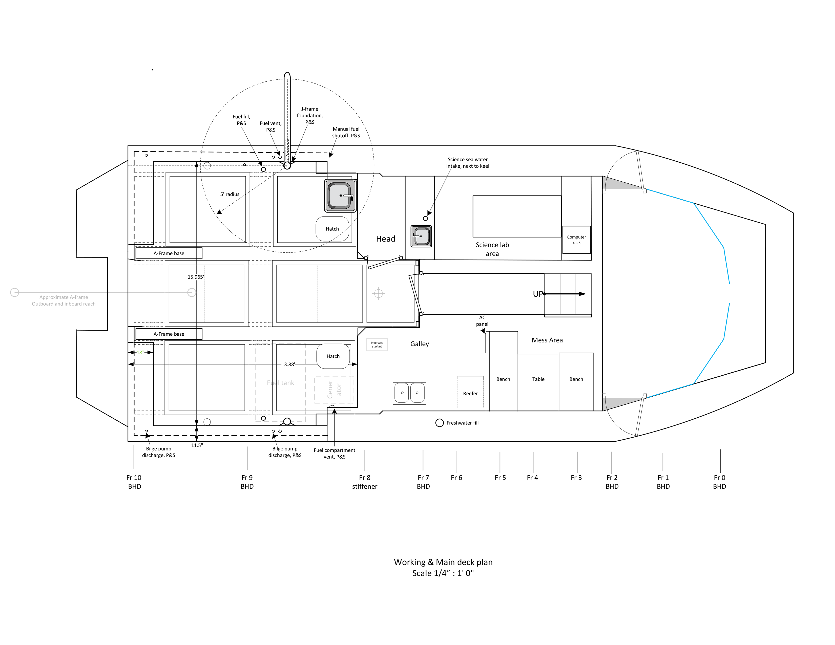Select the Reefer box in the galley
pos(471,392)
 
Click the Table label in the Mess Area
pos(538,379)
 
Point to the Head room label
pos(385,239)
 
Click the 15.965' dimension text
pos(196,277)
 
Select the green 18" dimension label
pos(140,352)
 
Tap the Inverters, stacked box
pos(377,344)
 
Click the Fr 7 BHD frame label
pos(423,482)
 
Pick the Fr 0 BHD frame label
pos(720,482)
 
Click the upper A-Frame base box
pos(169,253)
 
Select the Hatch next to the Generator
pos(333,356)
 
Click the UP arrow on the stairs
pos(565,294)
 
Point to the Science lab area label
pos(492,249)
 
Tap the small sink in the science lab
pos(421,236)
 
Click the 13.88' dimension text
pos(288,364)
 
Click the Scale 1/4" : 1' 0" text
pos(443,573)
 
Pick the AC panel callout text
pos(482,320)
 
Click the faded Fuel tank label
pos(281,383)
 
